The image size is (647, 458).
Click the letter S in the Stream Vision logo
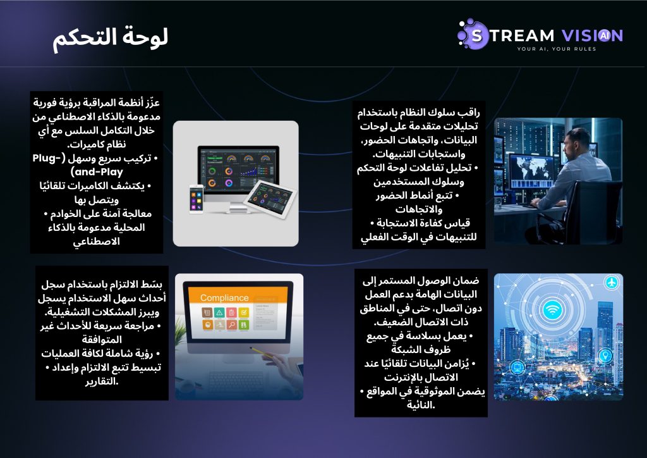476,36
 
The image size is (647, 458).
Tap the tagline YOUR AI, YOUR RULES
557,49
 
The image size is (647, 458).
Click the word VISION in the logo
592,35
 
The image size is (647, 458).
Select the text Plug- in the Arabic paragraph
49,158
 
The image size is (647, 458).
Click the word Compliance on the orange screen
224,298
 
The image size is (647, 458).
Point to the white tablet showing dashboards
270,198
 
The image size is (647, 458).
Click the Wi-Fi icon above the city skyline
552,309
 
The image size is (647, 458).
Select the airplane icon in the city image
612,283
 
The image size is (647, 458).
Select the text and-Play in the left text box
97,172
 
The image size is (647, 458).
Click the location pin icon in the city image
605,355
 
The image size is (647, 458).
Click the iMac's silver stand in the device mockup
238,209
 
